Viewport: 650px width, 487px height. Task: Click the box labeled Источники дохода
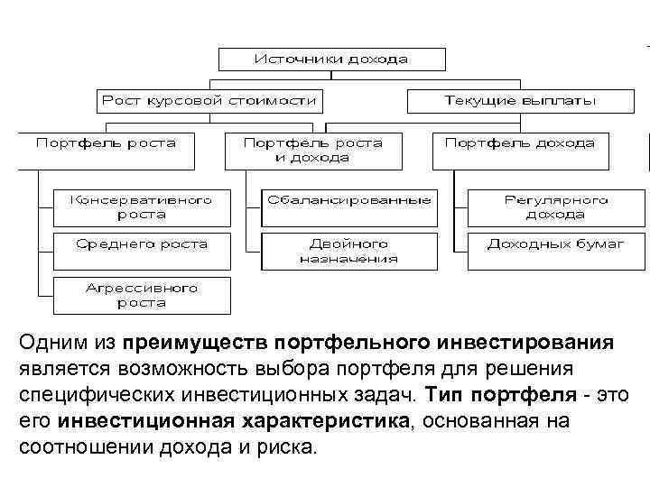[x=331, y=60]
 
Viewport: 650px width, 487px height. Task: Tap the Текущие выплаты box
[x=520, y=100]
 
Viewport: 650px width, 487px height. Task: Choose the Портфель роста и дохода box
[x=312, y=150]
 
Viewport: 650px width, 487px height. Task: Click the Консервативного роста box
[x=141, y=207]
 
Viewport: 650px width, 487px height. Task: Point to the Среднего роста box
[x=141, y=244]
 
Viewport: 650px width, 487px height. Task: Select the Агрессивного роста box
[x=141, y=295]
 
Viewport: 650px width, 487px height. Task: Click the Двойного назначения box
[x=348, y=250]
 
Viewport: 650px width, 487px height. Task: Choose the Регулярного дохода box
[x=545, y=207]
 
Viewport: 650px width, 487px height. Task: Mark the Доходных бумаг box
[x=545, y=244]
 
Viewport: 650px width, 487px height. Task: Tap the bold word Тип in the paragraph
[x=441, y=396]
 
